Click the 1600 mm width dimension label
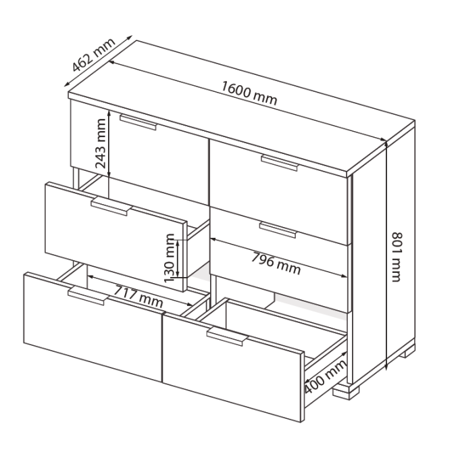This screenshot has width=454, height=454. tap(249, 93)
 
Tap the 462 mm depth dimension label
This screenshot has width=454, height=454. tap(93, 55)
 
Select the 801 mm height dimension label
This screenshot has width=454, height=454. tap(397, 257)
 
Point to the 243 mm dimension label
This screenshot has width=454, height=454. tap(101, 144)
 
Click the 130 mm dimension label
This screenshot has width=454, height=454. tap(170, 257)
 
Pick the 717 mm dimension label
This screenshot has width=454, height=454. tap(138, 297)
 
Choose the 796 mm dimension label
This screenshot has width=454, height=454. tap(276, 263)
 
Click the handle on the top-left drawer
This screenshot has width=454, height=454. tap(138, 122)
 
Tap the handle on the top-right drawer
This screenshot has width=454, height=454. tap(280, 163)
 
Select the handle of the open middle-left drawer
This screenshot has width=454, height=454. tap(111, 207)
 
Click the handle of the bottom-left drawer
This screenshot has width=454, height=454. tap(88, 296)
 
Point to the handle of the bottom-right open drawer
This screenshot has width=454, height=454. tap(227, 336)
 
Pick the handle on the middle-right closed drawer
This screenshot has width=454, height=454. tap(278, 230)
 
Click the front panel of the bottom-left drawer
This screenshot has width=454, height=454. tap(93, 326)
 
